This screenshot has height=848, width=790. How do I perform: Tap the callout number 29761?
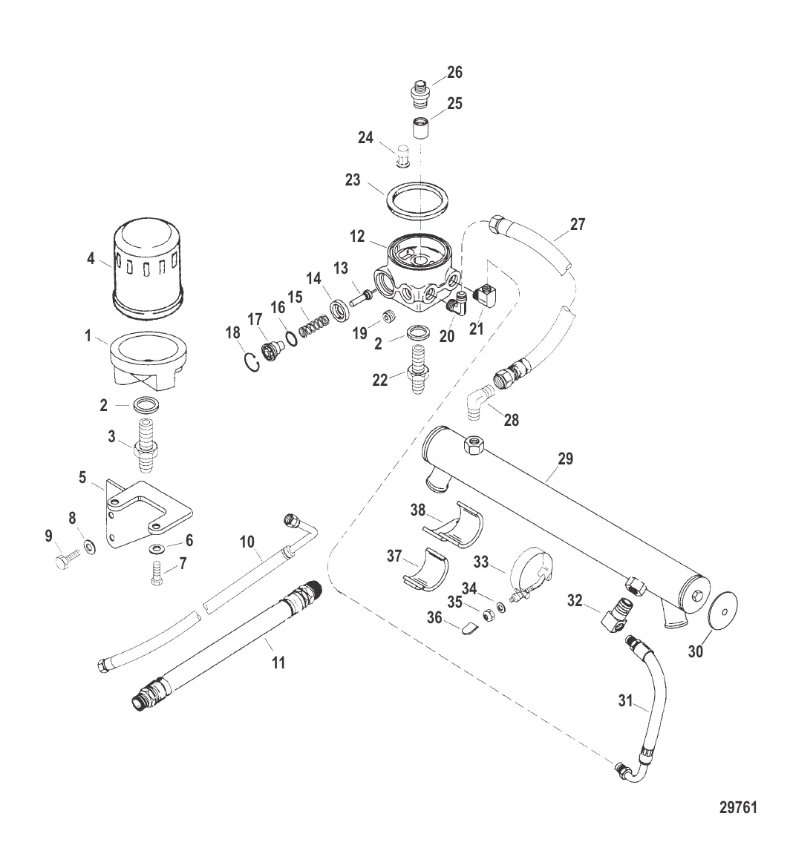(738, 807)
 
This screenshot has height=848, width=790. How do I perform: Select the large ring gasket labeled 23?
(417, 200)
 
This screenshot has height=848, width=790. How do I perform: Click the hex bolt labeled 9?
(67, 559)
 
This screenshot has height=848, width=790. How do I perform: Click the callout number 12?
(357, 237)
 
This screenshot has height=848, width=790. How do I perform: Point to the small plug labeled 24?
(402, 156)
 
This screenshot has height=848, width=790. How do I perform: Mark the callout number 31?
(625, 701)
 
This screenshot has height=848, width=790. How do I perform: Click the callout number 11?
(278, 663)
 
